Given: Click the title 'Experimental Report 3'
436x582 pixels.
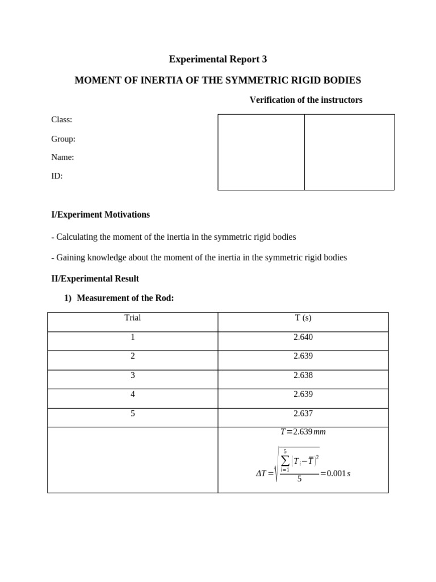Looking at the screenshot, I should pos(217,59).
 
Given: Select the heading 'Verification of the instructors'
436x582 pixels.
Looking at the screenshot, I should pos(305,100).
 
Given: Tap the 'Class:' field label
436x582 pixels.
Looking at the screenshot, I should pos(61,119).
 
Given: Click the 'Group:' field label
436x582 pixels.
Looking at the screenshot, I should pos(63,139).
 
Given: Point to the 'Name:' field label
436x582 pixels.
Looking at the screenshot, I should pos(62,157).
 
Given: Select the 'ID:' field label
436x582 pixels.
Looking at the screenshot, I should pos(57,176).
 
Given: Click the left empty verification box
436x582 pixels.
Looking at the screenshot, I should pos(261,152).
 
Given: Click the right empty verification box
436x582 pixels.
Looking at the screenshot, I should pos(349,152).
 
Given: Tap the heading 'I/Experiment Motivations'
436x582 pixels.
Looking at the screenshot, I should pos(100,214).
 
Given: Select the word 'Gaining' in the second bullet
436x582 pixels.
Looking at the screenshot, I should pos(71,257).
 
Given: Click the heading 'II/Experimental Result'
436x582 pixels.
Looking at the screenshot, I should pos(95,278).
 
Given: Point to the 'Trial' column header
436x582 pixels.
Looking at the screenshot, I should pos(132,318).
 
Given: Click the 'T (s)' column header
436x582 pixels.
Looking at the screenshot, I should pos(303,318).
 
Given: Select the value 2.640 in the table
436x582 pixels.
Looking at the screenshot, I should pos(303,337).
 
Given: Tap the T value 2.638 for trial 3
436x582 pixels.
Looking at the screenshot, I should pos(303,375).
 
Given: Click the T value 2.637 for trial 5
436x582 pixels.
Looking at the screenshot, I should pos(303,413).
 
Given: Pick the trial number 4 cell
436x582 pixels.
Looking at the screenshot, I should pos(132,394).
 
